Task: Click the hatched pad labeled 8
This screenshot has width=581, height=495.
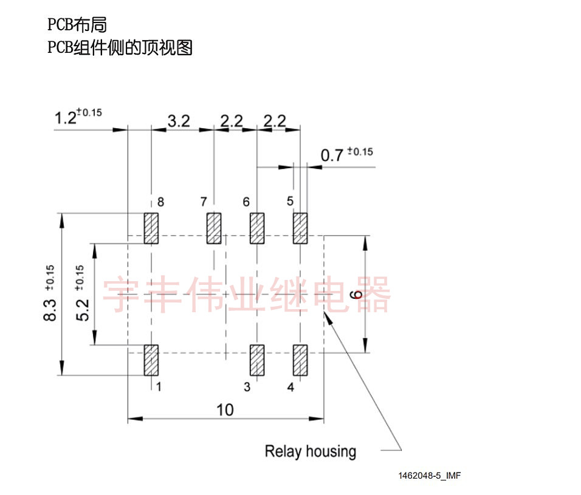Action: tap(151, 228)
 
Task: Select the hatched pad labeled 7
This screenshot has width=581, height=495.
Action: tap(213, 228)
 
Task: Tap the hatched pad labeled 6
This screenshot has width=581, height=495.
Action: tap(257, 228)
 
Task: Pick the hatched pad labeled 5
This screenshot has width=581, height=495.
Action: tap(300, 228)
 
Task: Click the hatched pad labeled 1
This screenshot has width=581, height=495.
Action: tap(151, 360)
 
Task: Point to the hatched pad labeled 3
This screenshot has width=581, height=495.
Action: tap(257, 360)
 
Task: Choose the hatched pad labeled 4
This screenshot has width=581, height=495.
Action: tap(300, 360)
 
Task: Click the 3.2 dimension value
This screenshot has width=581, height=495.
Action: tap(179, 121)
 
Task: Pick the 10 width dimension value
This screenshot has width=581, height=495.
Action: tap(225, 410)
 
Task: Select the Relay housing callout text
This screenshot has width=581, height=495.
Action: tap(310, 451)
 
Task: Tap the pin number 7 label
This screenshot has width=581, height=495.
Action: tap(204, 202)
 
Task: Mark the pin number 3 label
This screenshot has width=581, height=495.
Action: tap(247, 387)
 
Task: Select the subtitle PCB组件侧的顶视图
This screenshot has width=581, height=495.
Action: tap(120, 47)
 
